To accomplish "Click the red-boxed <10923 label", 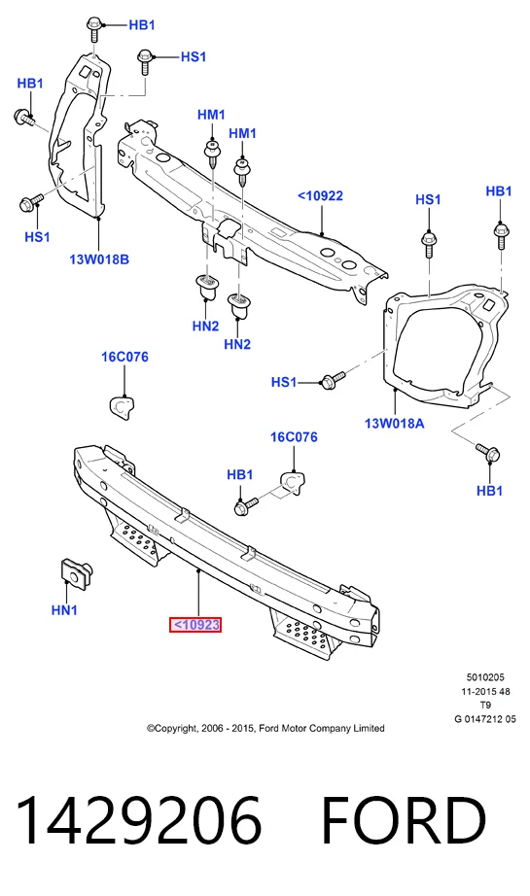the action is pyautogui.click(x=194, y=625).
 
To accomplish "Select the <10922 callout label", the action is pyautogui.click(x=320, y=196).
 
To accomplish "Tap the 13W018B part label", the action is pyautogui.click(x=99, y=259).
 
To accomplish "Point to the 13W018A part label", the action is pyautogui.click(x=395, y=424).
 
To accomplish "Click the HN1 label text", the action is pyautogui.click(x=64, y=610).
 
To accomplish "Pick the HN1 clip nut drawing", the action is pyautogui.click(x=76, y=573).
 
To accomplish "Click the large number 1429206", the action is pyautogui.click(x=139, y=820).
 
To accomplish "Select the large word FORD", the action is pyautogui.click(x=404, y=820).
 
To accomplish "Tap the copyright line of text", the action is pyautogui.click(x=265, y=728).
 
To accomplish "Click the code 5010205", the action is pyautogui.click(x=485, y=677).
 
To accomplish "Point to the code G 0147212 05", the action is pyautogui.click(x=485, y=719).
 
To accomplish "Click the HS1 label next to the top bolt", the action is pyautogui.click(x=194, y=56).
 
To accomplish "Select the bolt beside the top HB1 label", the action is pyautogui.click(x=94, y=30).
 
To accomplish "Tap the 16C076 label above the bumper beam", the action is pyautogui.click(x=294, y=437).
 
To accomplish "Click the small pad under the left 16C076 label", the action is pyautogui.click(x=122, y=405).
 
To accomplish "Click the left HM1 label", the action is pyautogui.click(x=212, y=115).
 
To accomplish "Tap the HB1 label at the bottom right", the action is pyautogui.click(x=489, y=491).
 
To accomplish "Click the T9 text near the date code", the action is pyautogui.click(x=485, y=706).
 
